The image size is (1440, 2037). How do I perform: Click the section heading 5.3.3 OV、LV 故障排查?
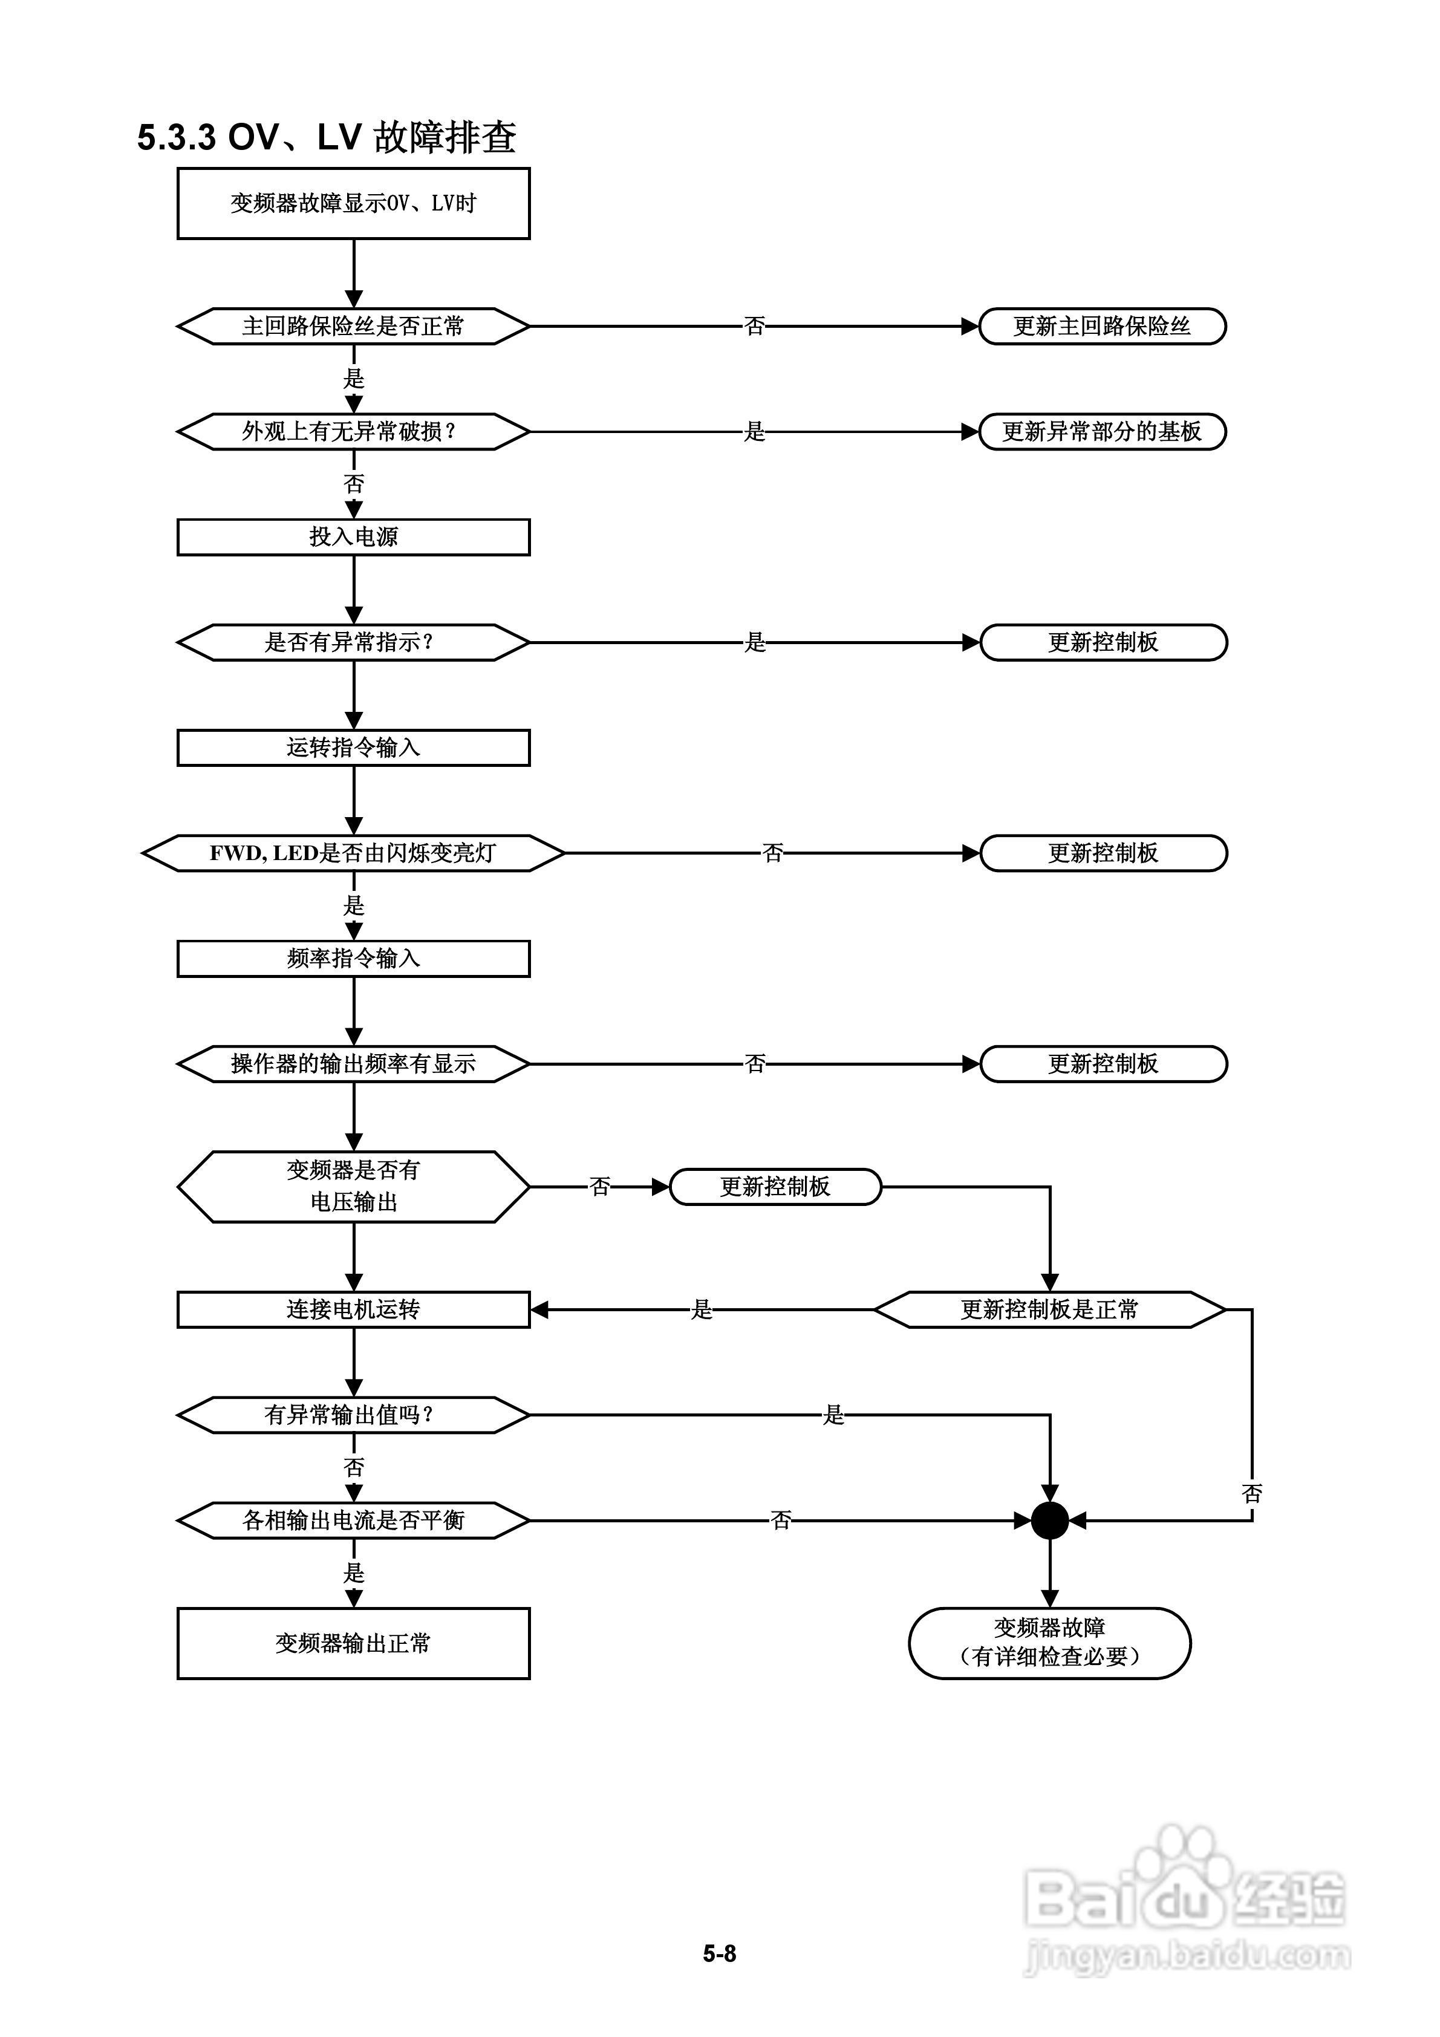point(327,137)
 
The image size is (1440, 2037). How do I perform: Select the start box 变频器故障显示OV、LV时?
point(353,203)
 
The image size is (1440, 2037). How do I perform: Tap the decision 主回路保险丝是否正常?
point(353,327)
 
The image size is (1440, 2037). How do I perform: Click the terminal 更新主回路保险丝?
point(1102,327)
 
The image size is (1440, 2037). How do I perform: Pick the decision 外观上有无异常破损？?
point(353,432)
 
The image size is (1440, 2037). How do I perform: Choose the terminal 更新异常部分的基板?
point(1102,432)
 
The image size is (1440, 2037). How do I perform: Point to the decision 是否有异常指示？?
point(353,642)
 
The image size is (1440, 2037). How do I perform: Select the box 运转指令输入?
point(353,748)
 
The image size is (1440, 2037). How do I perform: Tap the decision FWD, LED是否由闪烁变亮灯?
point(353,853)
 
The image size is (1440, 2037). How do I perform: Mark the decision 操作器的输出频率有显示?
point(353,1064)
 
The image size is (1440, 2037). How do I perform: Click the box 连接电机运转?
point(353,1309)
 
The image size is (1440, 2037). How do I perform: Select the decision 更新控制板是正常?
point(1050,1309)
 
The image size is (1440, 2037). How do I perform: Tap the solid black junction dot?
point(1050,1520)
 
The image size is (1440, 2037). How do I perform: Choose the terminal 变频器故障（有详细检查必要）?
point(1050,1643)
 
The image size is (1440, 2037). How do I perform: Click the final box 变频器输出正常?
point(353,1643)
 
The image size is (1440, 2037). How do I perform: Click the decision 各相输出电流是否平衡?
point(353,1520)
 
